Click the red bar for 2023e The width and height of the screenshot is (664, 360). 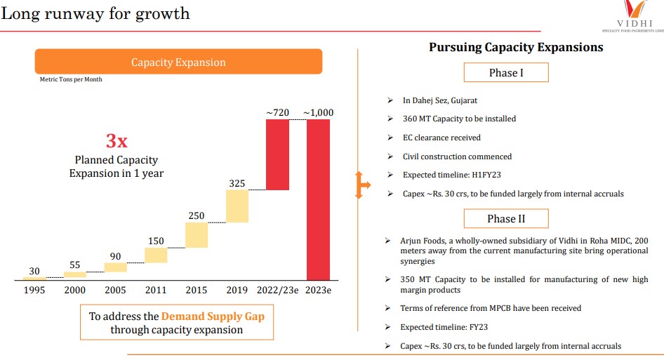click(318, 199)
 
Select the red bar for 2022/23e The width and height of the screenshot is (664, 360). click(277, 154)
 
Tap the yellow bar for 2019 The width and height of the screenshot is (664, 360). click(237, 206)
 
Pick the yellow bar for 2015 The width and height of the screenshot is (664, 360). click(197, 235)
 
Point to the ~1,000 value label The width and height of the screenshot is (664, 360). click(318, 112)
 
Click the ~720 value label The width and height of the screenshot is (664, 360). click(277, 112)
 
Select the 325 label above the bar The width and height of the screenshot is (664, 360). click(237, 184)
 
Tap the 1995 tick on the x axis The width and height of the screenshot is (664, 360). click(34, 290)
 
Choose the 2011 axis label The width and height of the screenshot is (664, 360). click(156, 290)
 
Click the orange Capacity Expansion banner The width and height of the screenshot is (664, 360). click(178, 62)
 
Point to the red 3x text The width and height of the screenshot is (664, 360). click(117, 140)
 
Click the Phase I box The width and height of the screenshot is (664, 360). click(506, 73)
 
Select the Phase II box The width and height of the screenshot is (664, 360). click(506, 219)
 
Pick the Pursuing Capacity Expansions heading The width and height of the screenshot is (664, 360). click(516, 48)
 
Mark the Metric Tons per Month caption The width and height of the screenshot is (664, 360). click(71, 80)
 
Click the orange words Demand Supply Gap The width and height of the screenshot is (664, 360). click(213, 316)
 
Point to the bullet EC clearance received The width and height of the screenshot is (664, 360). click(441, 138)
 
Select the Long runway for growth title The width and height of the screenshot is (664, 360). click(95, 13)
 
